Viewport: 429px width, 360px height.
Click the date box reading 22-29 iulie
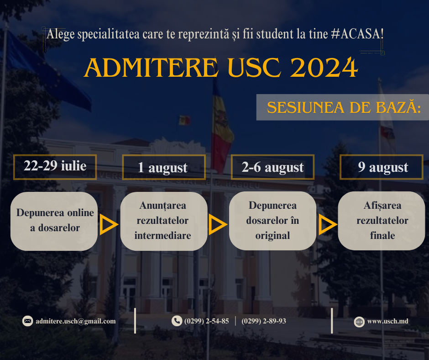(55, 167)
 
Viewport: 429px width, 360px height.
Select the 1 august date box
(164, 167)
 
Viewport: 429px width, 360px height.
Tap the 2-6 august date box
(272, 167)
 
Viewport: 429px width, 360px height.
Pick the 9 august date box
(382, 167)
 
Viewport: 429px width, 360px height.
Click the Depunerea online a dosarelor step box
(54, 221)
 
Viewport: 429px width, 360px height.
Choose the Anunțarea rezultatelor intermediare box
(163, 221)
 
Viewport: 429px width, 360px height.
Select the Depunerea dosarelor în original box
(272, 221)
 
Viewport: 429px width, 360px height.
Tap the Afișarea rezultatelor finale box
(382, 221)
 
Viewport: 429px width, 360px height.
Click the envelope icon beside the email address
(28, 321)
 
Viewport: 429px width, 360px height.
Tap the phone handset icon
(177, 321)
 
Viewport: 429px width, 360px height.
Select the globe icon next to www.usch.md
(359, 322)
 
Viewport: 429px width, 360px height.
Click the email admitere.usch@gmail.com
(75, 321)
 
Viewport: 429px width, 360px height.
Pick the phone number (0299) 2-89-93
(264, 321)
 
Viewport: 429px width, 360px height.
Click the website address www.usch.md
(387, 321)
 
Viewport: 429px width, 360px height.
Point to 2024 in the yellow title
(324, 68)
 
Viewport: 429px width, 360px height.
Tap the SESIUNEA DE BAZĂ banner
(343, 107)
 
